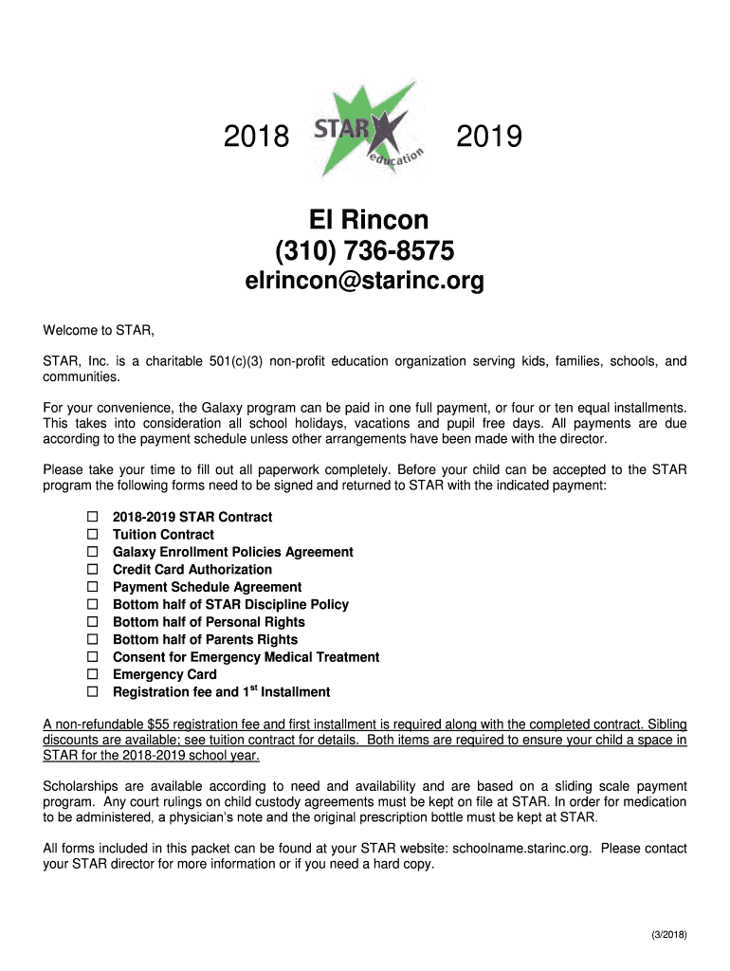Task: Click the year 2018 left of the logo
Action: pos(256,138)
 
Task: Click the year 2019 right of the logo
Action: pos(489,138)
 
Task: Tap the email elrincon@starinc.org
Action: pos(365,281)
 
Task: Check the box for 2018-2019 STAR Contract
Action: pos(93,517)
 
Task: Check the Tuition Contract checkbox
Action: pos(93,535)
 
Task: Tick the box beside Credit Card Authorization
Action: pos(93,570)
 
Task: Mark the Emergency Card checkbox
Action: pos(93,674)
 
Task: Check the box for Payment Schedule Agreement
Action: pos(93,587)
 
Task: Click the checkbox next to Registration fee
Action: pos(93,692)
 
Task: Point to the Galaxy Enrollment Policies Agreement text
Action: pos(232,552)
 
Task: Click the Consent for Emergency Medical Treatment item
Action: pos(246,657)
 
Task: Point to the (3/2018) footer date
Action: pos(668,935)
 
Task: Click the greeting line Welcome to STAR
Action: pos(99,331)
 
